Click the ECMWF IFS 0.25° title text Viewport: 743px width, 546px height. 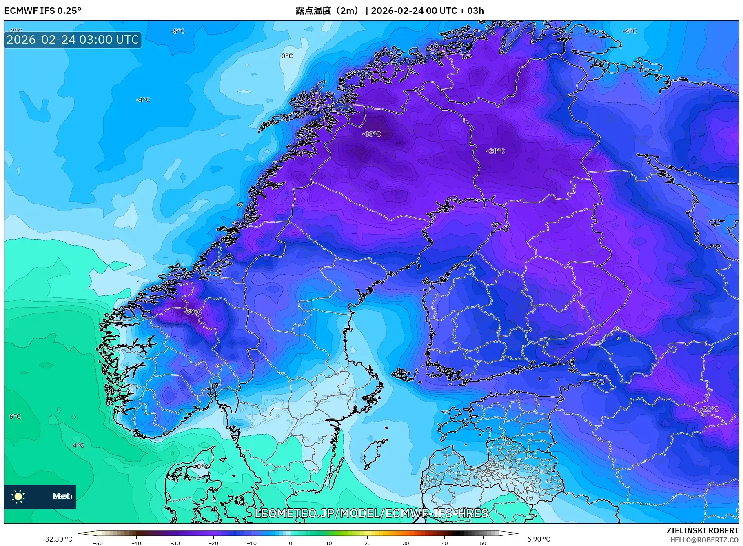42,11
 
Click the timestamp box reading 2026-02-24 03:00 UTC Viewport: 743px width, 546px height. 73,40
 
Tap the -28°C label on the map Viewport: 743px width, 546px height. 495,151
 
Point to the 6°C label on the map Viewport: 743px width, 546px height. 15,417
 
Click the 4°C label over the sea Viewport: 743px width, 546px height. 78,445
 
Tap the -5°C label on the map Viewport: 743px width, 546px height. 177,31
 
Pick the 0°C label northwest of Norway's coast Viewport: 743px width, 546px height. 287,56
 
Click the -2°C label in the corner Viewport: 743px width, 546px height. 15,31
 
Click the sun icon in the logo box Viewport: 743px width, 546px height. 18,496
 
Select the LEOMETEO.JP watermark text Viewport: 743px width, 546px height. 371,513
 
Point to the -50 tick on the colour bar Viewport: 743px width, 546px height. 98,543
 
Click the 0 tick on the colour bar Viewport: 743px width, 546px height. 291,543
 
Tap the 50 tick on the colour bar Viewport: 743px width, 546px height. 483,543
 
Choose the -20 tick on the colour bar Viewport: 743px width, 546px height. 213,543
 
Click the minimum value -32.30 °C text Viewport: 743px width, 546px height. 57,539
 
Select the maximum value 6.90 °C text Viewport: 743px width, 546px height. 538,539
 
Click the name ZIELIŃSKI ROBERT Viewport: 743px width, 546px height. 702,530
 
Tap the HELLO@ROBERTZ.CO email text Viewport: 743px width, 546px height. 704,540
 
